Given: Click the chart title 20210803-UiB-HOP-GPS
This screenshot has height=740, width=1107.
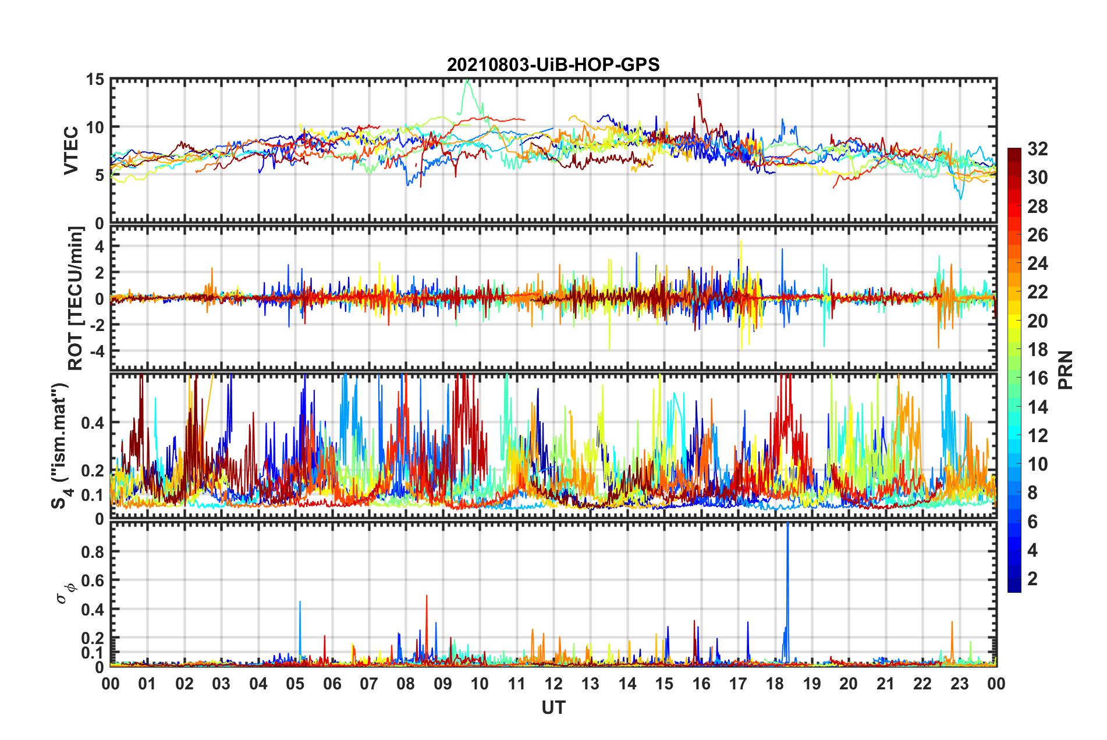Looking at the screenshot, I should pyautogui.click(x=553, y=65).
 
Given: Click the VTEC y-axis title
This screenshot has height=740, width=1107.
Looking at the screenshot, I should pyautogui.click(x=71, y=151).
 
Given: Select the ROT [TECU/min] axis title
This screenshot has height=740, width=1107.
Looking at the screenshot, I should pyautogui.click(x=76, y=298).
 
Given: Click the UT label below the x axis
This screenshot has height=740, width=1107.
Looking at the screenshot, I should pyautogui.click(x=553, y=708).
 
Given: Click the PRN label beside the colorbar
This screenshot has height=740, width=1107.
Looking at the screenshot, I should pyautogui.click(x=1065, y=370).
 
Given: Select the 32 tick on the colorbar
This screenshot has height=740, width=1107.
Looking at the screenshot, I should pyautogui.click(x=1037, y=149).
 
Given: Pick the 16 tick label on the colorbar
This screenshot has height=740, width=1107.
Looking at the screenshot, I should pyautogui.click(x=1037, y=378).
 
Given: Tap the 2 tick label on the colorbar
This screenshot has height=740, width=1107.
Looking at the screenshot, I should pyautogui.click(x=1033, y=579).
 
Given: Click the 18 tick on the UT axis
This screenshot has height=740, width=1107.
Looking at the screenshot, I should pyautogui.click(x=775, y=684).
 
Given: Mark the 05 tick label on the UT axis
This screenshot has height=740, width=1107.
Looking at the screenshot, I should pyautogui.click(x=295, y=684).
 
